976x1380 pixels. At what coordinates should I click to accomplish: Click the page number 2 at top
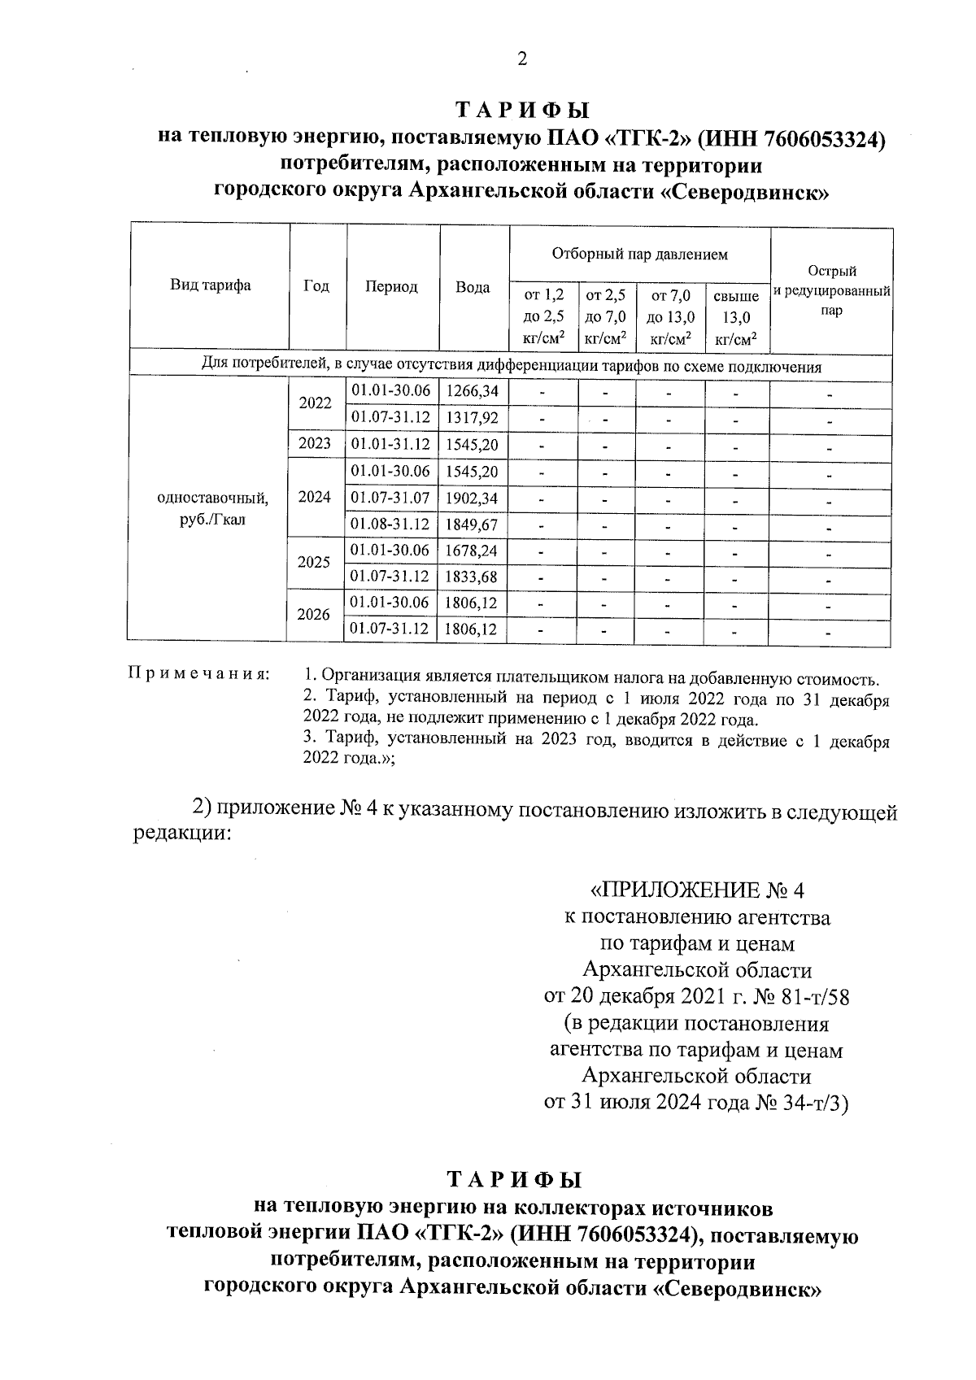[x=521, y=59]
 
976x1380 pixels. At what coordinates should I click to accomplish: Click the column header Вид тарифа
[x=210, y=285]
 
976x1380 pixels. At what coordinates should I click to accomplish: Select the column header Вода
[x=473, y=287]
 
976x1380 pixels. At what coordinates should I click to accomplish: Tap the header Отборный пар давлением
[x=639, y=255]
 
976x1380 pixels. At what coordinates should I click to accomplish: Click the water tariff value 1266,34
[x=473, y=391]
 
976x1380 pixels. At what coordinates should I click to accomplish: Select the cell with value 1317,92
[x=473, y=418]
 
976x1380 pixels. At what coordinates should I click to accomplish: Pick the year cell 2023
[x=315, y=444]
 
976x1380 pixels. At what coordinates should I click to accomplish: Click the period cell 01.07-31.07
[x=390, y=498]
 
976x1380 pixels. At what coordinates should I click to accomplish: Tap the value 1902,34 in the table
[x=473, y=498]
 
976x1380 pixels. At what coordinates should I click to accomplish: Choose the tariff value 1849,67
[x=473, y=525]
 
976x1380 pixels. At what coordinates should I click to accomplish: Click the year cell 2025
[x=314, y=563]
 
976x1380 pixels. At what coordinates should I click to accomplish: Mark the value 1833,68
[x=473, y=577]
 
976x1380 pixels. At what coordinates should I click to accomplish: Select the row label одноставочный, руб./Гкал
[x=211, y=507]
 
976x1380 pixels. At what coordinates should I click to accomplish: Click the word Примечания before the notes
[x=198, y=675]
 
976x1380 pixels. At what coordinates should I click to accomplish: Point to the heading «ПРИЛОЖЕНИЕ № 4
[x=696, y=890]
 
